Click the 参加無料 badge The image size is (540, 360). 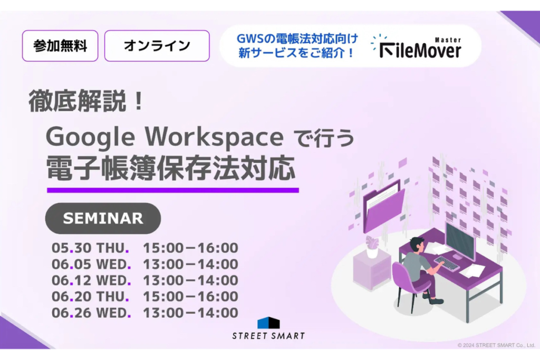tap(60, 46)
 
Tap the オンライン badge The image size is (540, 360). tap(157, 46)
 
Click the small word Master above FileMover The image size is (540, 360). tap(448, 40)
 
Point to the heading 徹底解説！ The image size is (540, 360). tap(86, 101)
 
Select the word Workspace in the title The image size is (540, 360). tap(214, 137)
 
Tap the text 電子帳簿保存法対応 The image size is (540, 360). tap(171, 168)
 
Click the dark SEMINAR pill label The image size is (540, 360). tap(103, 218)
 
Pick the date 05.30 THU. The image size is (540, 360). tap(90, 248)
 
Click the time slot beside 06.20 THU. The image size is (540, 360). tap(190, 296)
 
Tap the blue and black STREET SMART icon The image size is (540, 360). tap(268, 323)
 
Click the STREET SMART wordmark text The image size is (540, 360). tap(268, 336)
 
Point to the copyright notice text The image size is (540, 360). tap(496, 345)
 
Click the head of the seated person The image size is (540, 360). tap(417, 245)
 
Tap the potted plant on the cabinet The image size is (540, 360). tap(372, 247)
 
